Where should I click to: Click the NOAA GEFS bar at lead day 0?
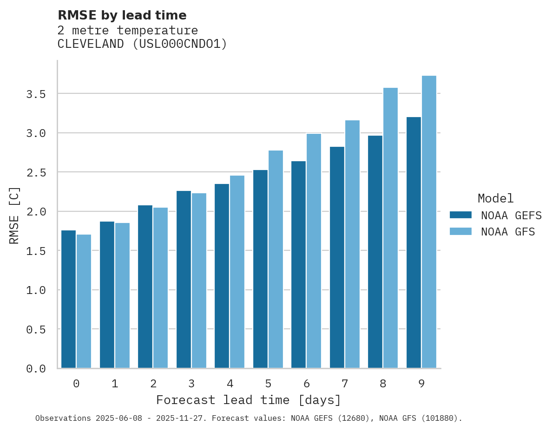68,299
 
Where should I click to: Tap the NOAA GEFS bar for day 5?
260,269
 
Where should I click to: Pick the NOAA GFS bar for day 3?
199,281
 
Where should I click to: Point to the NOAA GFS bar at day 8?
390,228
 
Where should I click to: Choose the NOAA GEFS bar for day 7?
337,257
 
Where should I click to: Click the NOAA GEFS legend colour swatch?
460,215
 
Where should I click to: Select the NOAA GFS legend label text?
508,232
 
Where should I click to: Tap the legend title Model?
495,198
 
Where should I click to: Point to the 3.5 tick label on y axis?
36,94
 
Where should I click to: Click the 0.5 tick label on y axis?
36,329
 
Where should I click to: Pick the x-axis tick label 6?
306,384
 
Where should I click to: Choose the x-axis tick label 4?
230,384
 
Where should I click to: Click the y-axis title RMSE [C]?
14,215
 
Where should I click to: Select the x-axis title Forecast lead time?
249,400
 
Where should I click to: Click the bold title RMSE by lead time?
122,15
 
